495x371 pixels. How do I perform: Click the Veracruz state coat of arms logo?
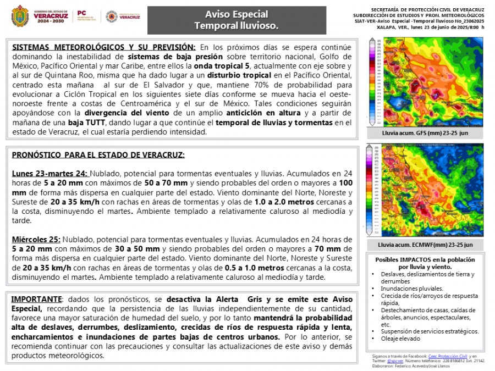coord(20,16)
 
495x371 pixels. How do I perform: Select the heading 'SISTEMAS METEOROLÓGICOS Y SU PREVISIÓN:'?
coord(103,47)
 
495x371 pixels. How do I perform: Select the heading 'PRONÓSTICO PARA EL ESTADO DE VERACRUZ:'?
coord(98,155)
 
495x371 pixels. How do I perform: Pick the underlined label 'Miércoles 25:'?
coord(36,240)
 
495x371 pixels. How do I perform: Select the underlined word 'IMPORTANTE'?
coord(36,299)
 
